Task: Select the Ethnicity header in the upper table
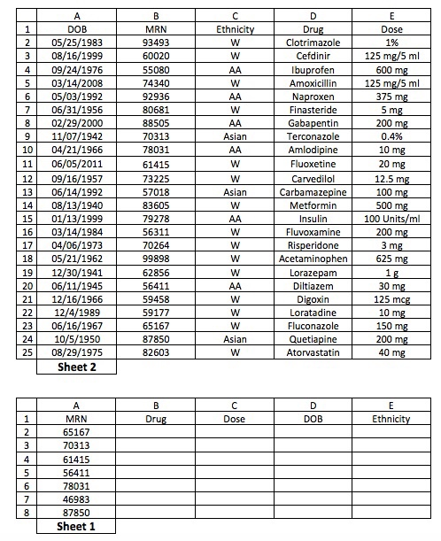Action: pos(235,28)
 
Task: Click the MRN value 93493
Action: pos(156,42)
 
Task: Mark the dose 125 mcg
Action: pos(391,299)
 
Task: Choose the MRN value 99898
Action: pos(156,259)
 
